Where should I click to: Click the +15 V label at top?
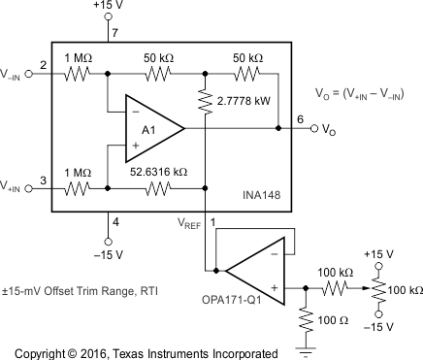[107, 8]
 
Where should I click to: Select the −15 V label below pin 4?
[107, 255]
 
